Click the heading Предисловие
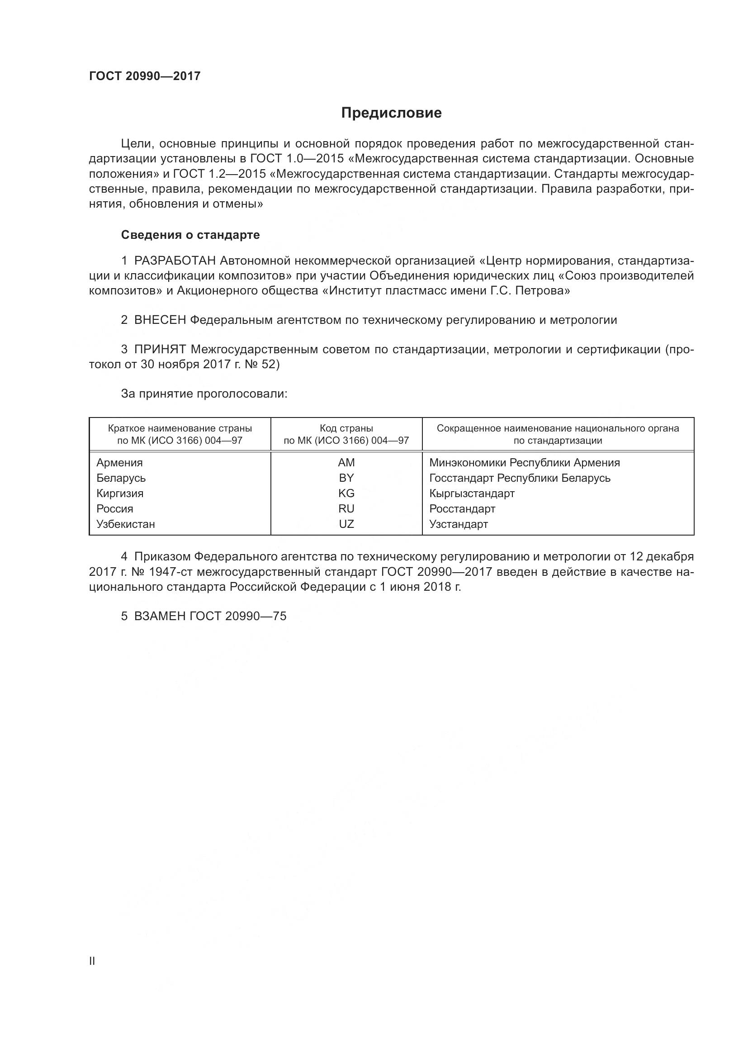tap(391, 113)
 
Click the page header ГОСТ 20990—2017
tap(145, 76)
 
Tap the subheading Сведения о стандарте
tap(190, 235)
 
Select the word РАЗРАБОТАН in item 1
tap(175, 261)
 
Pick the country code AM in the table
tap(346, 463)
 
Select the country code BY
tap(346, 478)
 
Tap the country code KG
tap(346, 493)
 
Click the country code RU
tap(346, 509)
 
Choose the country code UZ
tap(346, 524)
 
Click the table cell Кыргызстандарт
tap(472, 493)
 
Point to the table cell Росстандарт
tap(462, 509)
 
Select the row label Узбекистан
tap(126, 524)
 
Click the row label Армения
tap(120, 463)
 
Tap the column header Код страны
tap(346, 428)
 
